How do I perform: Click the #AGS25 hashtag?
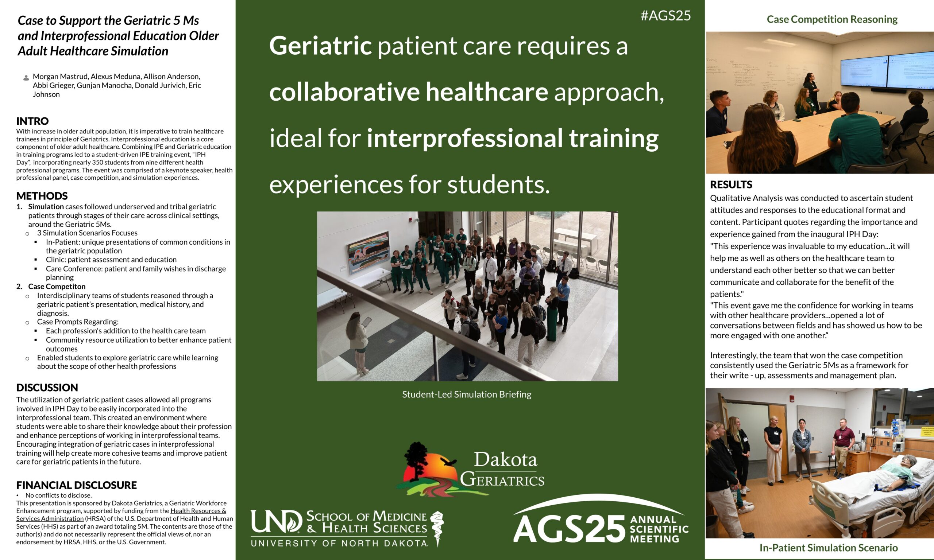point(666,15)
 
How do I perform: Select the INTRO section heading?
point(32,121)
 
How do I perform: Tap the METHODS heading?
point(42,196)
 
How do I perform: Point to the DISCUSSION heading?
point(47,388)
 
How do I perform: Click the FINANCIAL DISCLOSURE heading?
point(77,485)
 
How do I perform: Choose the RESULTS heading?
point(731,184)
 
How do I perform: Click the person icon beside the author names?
point(26,78)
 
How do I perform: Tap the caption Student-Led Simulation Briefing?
point(467,394)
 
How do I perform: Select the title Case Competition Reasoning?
point(832,19)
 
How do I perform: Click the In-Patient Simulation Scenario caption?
point(829,548)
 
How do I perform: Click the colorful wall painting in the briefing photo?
point(368,248)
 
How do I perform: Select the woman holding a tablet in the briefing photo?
point(357,343)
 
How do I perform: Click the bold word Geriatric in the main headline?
point(321,46)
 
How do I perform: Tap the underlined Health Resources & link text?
point(198,511)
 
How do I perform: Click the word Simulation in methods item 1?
point(46,206)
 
